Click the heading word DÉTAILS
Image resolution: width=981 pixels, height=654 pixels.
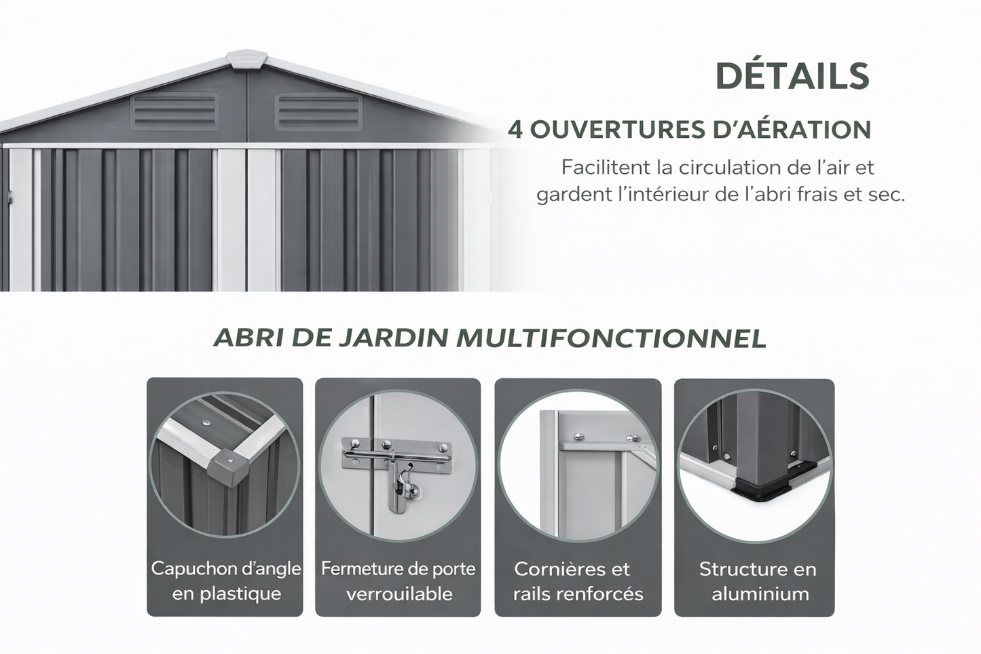point(792,76)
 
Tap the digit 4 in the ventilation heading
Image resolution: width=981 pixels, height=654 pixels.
point(515,129)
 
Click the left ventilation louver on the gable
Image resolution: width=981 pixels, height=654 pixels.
point(174,111)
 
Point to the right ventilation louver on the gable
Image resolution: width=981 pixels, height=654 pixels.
point(318,111)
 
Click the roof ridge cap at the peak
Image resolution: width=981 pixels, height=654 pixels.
point(246,60)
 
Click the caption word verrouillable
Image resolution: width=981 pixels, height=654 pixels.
point(399,594)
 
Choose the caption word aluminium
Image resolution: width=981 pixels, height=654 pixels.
point(760,594)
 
